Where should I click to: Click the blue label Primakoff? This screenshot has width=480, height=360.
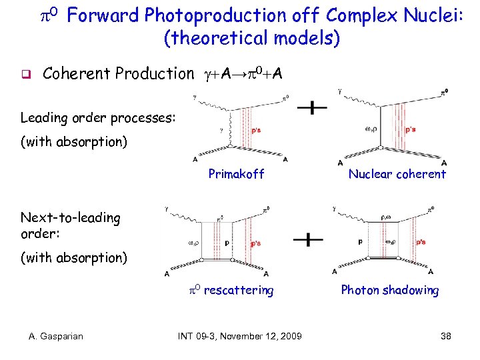pyautogui.click(x=236, y=174)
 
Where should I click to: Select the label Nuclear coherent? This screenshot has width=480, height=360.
pyautogui.click(x=397, y=174)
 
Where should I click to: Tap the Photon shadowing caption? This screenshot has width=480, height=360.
pyautogui.click(x=389, y=290)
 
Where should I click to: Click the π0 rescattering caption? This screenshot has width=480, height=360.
pyautogui.click(x=229, y=290)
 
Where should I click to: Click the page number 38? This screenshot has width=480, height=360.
pyautogui.click(x=445, y=336)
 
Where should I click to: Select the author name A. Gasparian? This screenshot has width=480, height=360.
pyautogui.click(x=56, y=336)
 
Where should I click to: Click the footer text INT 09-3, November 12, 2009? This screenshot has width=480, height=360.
pyautogui.click(x=240, y=336)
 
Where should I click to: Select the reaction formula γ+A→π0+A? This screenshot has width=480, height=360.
pyautogui.click(x=241, y=73)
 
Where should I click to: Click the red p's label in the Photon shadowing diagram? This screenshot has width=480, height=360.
pyautogui.click(x=420, y=243)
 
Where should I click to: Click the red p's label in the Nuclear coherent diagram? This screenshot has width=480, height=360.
pyautogui.click(x=411, y=130)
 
